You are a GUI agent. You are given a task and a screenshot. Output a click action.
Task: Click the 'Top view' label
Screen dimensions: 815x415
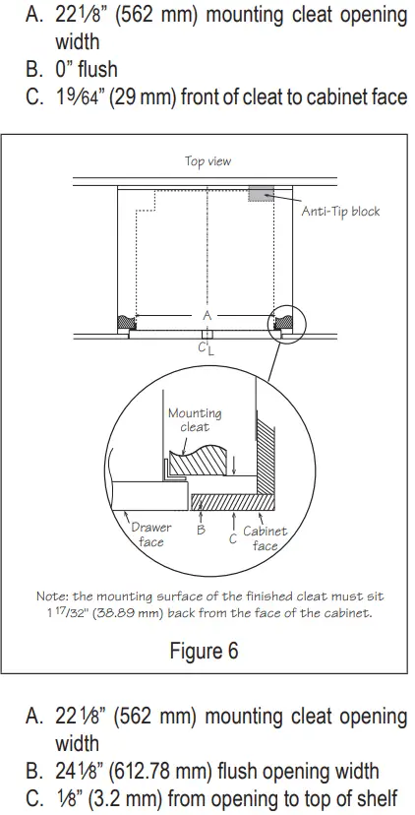(208, 160)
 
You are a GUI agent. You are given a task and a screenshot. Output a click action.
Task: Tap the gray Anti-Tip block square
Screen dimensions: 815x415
(261, 193)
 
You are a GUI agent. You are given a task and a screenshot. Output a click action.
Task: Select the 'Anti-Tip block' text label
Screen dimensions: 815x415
(339, 211)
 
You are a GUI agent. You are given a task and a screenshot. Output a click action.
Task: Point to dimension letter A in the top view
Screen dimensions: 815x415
(207, 315)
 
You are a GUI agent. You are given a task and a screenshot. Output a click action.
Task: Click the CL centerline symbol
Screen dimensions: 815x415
(203, 347)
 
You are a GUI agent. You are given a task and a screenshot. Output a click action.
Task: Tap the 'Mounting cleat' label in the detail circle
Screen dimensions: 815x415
(195, 420)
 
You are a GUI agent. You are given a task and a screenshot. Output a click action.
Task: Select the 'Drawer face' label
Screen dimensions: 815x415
(150, 534)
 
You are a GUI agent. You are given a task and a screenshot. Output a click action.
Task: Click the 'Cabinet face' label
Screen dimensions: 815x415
(265, 537)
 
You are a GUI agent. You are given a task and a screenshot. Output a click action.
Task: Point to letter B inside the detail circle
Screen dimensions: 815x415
(201, 529)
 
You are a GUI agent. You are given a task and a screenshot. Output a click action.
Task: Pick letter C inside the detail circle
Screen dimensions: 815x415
(232, 537)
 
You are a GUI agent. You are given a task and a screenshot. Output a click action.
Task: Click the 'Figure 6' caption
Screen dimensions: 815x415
(207, 652)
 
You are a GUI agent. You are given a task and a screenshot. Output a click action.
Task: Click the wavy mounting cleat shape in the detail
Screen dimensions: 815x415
(203, 460)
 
